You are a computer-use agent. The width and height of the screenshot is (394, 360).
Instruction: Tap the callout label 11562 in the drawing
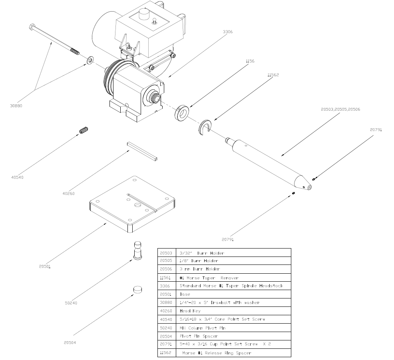(x=273, y=75)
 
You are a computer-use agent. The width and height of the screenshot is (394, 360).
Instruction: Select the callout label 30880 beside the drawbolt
(x=16, y=106)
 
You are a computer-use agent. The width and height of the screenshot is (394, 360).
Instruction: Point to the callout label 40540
(x=18, y=177)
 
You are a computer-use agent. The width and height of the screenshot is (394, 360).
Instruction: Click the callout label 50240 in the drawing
(x=71, y=303)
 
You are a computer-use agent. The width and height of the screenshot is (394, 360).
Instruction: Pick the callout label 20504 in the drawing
(x=70, y=342)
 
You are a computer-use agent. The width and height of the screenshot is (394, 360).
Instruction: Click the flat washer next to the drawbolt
(x=90, y=60)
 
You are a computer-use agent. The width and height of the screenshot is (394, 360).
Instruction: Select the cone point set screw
(x=84, y=130)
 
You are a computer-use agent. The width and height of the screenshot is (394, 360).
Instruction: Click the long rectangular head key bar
(x=142, y=151)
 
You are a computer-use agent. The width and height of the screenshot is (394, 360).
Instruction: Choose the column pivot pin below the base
(x=138, y=250)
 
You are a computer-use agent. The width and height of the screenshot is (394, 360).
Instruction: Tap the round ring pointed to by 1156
(x=181, y=113)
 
